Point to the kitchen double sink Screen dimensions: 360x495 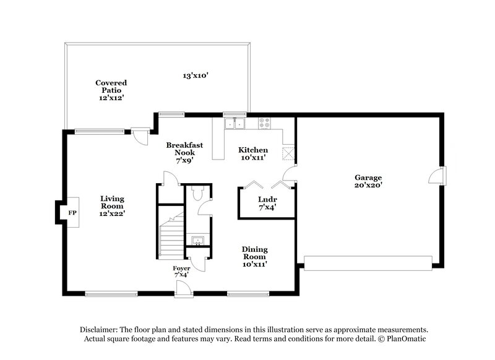point(235,124)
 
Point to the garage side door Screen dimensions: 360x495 point(437,176)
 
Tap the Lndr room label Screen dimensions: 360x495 point(267,199)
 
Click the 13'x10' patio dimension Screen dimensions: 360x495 point(195,75)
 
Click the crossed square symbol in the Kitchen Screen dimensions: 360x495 point(289,154)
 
